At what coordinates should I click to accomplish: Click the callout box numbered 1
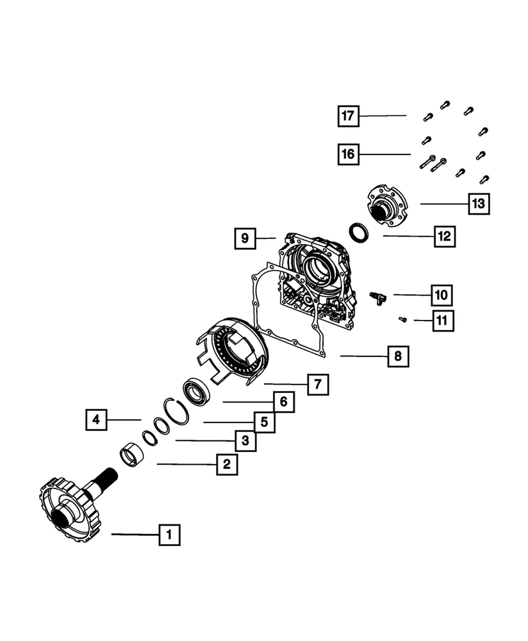pos(169,534)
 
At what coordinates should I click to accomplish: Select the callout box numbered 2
pos(226,464)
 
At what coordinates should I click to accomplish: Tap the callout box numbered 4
pos(95,420)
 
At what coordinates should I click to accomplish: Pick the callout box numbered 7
pos(317,385)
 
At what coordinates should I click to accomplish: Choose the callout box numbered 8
pos(398,356)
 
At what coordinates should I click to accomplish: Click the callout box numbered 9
pos(245,238)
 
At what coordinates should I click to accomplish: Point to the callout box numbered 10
pos(441,295)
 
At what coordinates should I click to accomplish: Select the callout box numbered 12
pos(443,237)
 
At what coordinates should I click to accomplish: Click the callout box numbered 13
pos(478,204)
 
